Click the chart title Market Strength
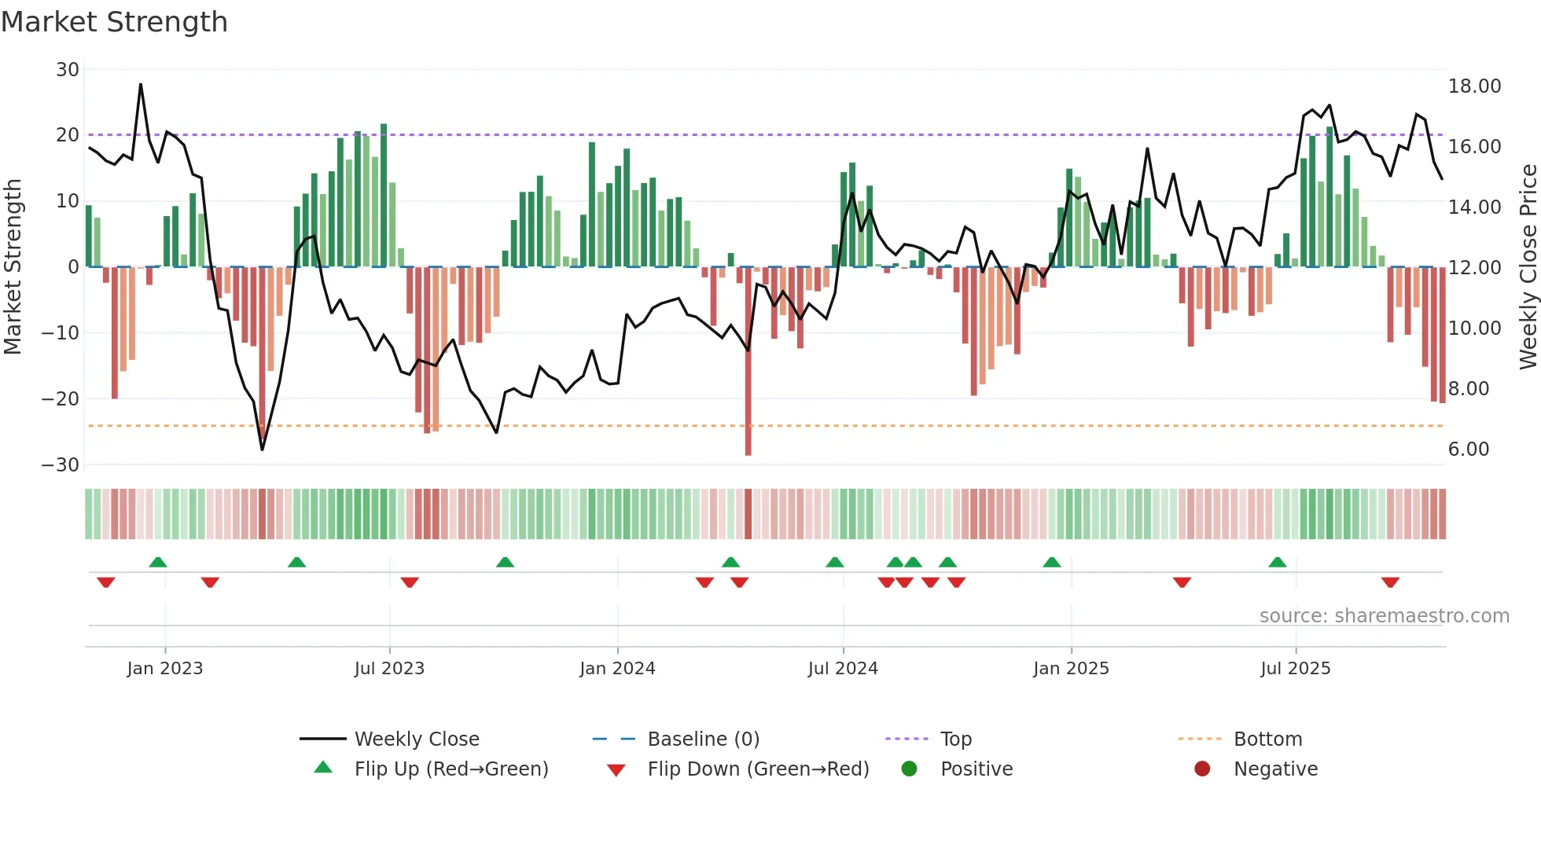click(114, 22)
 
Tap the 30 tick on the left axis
click(68, 69)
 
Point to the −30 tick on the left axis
click(61, 464)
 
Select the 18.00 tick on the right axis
click(1474, 86)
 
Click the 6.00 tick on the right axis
click(1469, 450)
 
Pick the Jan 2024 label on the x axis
click(617, 669)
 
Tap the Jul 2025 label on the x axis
click(1295, 669)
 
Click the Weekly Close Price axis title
click(1528, 266)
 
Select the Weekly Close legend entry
click(416, 739)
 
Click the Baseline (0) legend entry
click(703, 739)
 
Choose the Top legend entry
click(955, 739)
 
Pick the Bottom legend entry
click(1267, 739)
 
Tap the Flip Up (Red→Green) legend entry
click(451, 769)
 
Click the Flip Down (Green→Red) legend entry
click(757, 769)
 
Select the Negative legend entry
click(1274, 769)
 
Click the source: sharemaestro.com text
click(1384, 616)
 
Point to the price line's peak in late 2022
click(141, 85)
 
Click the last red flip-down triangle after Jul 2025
click(1390, 582)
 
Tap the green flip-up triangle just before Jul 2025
click(1278, 562)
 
